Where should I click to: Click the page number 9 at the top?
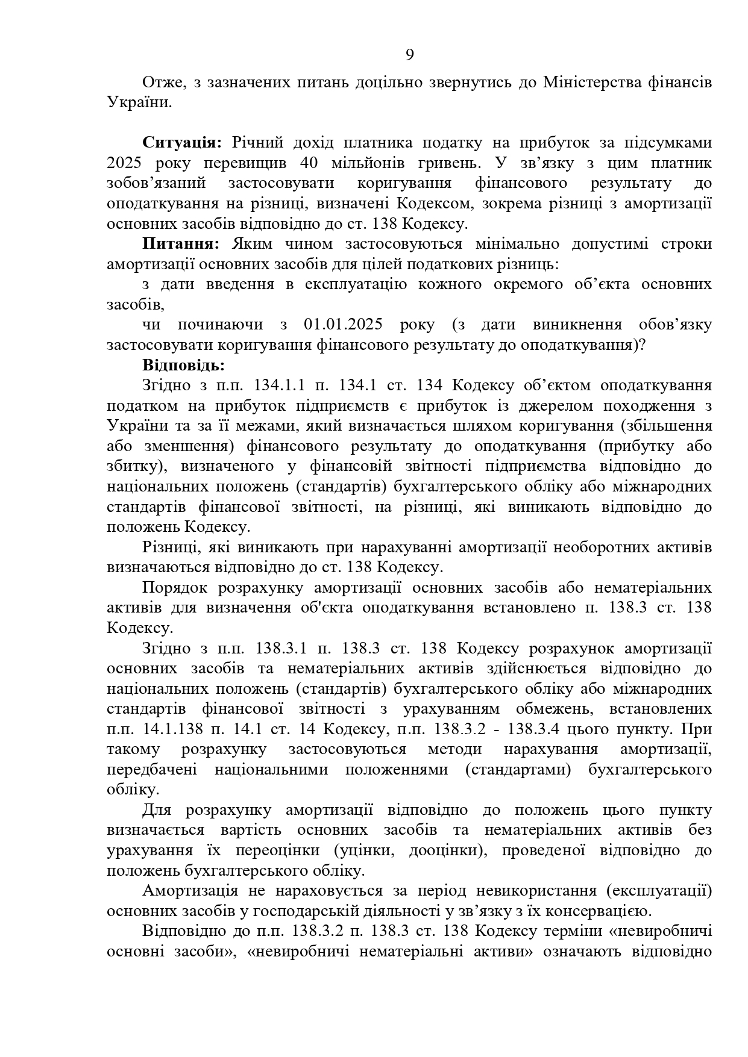409,55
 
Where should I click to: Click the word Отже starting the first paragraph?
162,83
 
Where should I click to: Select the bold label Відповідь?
183,365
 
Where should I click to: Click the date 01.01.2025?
343,325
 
